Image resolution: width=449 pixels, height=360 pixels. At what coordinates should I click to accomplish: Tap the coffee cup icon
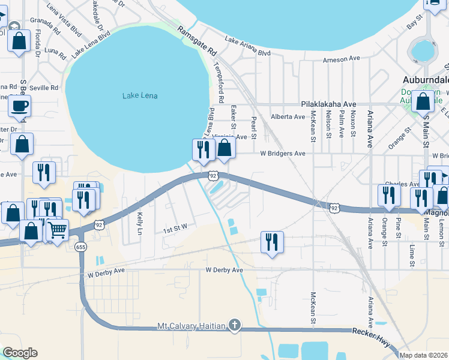[x=19, y=106]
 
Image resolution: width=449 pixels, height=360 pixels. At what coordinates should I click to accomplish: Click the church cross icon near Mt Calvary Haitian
[x=235, y=326]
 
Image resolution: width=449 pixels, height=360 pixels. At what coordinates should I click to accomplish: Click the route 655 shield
[x=80, y=247]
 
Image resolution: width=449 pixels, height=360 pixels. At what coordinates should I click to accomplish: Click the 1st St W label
[x=175, y=227]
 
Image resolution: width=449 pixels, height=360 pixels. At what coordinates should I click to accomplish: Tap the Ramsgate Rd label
[x=196, y=41]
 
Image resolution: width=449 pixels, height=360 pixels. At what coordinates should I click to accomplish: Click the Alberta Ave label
[x=288, y=116]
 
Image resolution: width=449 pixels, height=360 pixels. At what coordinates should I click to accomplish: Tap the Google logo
[x=20, y=353]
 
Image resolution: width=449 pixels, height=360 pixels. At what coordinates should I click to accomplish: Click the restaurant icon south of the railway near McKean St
[x=272, y=242]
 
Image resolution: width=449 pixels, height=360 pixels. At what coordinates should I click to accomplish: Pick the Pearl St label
[x=254, y=128]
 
